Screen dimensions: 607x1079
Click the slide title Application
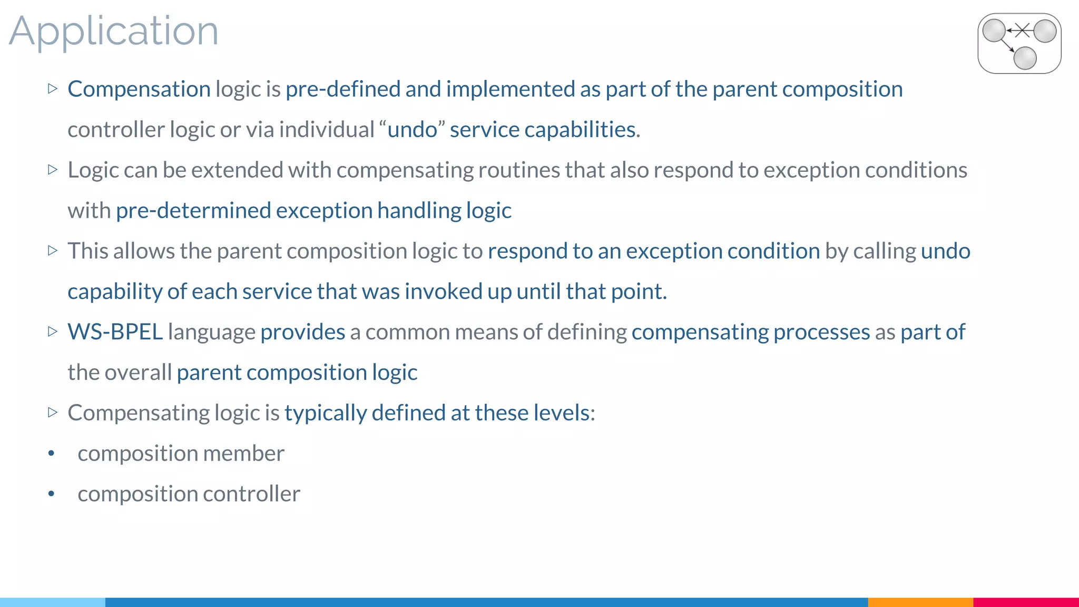[113, 32]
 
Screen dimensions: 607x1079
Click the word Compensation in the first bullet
[139, 89]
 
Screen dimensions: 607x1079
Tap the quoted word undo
[413, 130]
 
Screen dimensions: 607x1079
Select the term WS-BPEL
[115, 332]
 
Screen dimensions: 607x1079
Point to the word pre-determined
[193, 211]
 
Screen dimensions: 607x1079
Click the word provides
[302, 332]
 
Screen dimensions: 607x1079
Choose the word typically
[325, 413]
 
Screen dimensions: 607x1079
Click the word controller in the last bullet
[251, 494]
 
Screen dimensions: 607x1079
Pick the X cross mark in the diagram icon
[1023, 31]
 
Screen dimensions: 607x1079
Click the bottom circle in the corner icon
[1025, 58]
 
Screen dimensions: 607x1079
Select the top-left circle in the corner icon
[994, 31]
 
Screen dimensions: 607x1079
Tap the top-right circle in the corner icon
[1045, 31]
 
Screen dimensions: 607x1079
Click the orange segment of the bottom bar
[920, 602]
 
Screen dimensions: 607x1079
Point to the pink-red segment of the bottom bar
[1026, 602]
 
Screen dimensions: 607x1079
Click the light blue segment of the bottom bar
[53, 602]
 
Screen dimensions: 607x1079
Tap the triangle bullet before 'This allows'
[52, 250]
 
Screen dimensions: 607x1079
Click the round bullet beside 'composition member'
[51, 454]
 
